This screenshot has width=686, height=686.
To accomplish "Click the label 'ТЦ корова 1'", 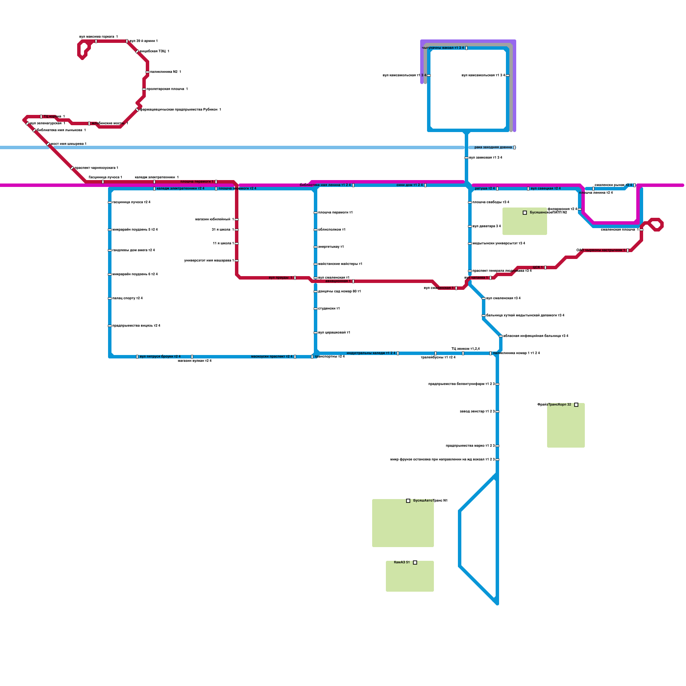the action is coord(54,116).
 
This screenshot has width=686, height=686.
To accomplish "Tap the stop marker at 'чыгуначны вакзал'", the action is coord(466,48).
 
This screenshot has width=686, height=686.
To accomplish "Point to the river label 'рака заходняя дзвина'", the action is coord(493,147).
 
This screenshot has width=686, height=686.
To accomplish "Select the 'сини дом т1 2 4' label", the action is coord(409,185).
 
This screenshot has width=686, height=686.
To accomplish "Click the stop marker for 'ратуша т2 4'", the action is coord(497,189).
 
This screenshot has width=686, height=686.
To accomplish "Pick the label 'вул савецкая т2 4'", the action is coord(546,189).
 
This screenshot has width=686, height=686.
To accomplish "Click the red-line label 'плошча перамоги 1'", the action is coord(197,182).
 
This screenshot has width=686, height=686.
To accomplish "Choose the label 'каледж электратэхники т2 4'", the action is coord(181,189).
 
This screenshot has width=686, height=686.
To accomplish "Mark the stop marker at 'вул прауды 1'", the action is coord(295,278).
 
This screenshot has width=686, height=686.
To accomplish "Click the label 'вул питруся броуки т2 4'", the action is coord(160,357).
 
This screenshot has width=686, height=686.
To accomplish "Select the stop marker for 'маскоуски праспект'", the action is coord(295,357).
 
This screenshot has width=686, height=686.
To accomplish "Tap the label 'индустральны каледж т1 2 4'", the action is coord(371,353).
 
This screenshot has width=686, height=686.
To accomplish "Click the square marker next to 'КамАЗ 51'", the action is coord(415,563).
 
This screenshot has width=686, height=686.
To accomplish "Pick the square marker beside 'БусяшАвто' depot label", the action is coord(408,501).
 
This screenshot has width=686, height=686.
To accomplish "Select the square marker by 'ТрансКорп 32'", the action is coord(576,405).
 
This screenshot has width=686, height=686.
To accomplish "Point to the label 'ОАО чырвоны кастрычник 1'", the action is coord(601,250).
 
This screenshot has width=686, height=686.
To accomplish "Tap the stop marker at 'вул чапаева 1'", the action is coord(490,278).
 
